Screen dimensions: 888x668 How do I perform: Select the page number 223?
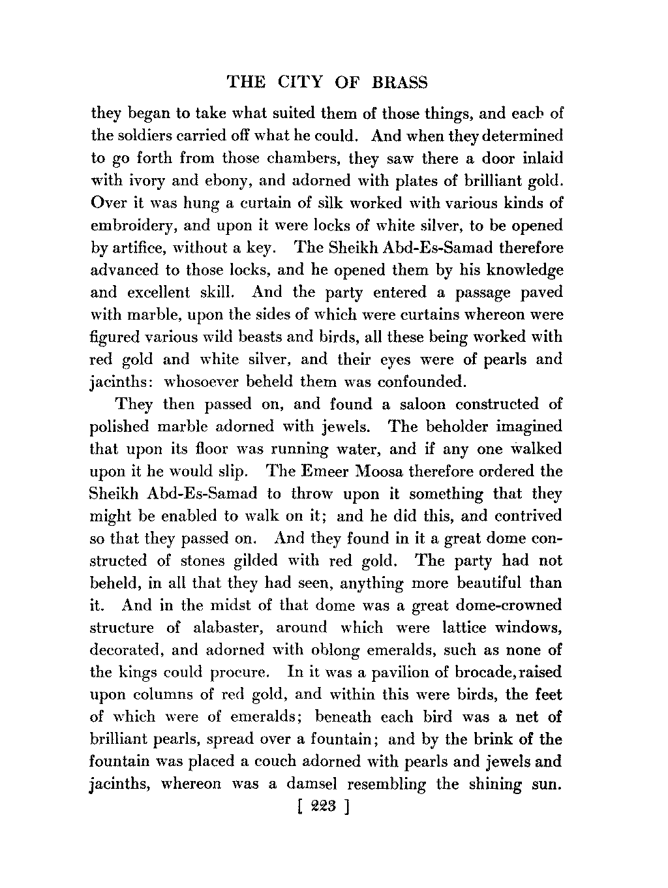(x=324, y=807)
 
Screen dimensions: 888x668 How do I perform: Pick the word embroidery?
(x=132, y=226)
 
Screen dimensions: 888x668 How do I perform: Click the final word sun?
(x=545, y=784)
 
